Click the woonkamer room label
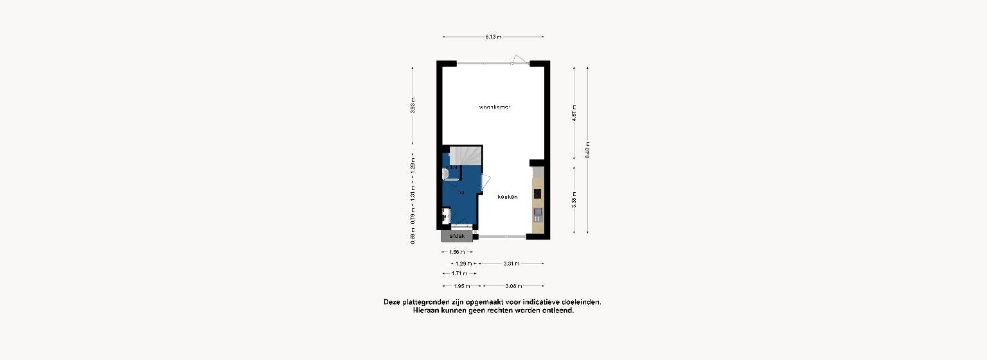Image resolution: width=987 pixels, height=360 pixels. [494, 107]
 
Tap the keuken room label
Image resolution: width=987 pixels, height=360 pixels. [507, 197]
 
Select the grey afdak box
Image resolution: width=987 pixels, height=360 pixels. [457, 237]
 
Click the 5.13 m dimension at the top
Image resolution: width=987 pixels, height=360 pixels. [493, 37]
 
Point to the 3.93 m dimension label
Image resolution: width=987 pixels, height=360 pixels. [413, 105]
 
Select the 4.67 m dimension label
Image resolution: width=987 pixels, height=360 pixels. [574, 113]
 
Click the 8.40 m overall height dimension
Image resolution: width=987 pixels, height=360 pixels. [587, 149]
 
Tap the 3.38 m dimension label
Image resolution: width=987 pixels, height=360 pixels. [574, 201]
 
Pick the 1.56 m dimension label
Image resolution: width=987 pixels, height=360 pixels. [458, 253]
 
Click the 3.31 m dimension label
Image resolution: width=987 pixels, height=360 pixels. [512, 264]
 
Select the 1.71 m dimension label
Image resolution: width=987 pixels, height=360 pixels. [459, 274]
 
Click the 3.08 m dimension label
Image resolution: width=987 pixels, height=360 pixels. [513, 285]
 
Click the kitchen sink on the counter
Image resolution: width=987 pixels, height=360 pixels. [537, 212]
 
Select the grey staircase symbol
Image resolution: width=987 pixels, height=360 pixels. [464, 156]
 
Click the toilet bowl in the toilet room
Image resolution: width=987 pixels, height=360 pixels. [445, 173]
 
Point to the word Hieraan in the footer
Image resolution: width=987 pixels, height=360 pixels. [428, 310]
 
